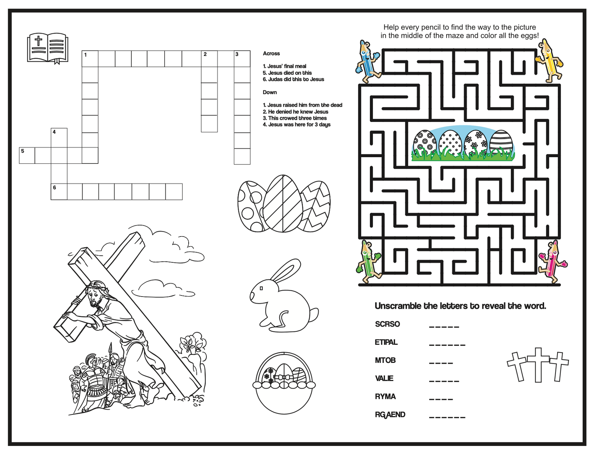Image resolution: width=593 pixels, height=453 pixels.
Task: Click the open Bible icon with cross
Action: tap(48, 48)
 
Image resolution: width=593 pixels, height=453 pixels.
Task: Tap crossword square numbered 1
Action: tap(90, 59)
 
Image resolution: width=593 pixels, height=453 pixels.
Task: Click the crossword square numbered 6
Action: tap(59, 192)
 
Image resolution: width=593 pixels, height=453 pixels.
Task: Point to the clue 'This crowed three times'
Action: tap(297, 118)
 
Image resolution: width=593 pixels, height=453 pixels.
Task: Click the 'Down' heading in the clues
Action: tap(270, 92)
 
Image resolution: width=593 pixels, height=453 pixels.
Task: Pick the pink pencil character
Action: tap(552, 262)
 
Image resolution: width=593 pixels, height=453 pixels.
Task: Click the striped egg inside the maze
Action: tap(501, 143)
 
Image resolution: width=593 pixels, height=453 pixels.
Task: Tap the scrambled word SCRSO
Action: tap(387, 324)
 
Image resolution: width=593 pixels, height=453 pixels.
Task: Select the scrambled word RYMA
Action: tap(385, 397)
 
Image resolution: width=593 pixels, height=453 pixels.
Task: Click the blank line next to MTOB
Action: tap(441, 362)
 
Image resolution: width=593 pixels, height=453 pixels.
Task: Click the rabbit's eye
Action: tap(261, 288)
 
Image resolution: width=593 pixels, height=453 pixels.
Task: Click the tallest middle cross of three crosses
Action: tap(538, 365)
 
